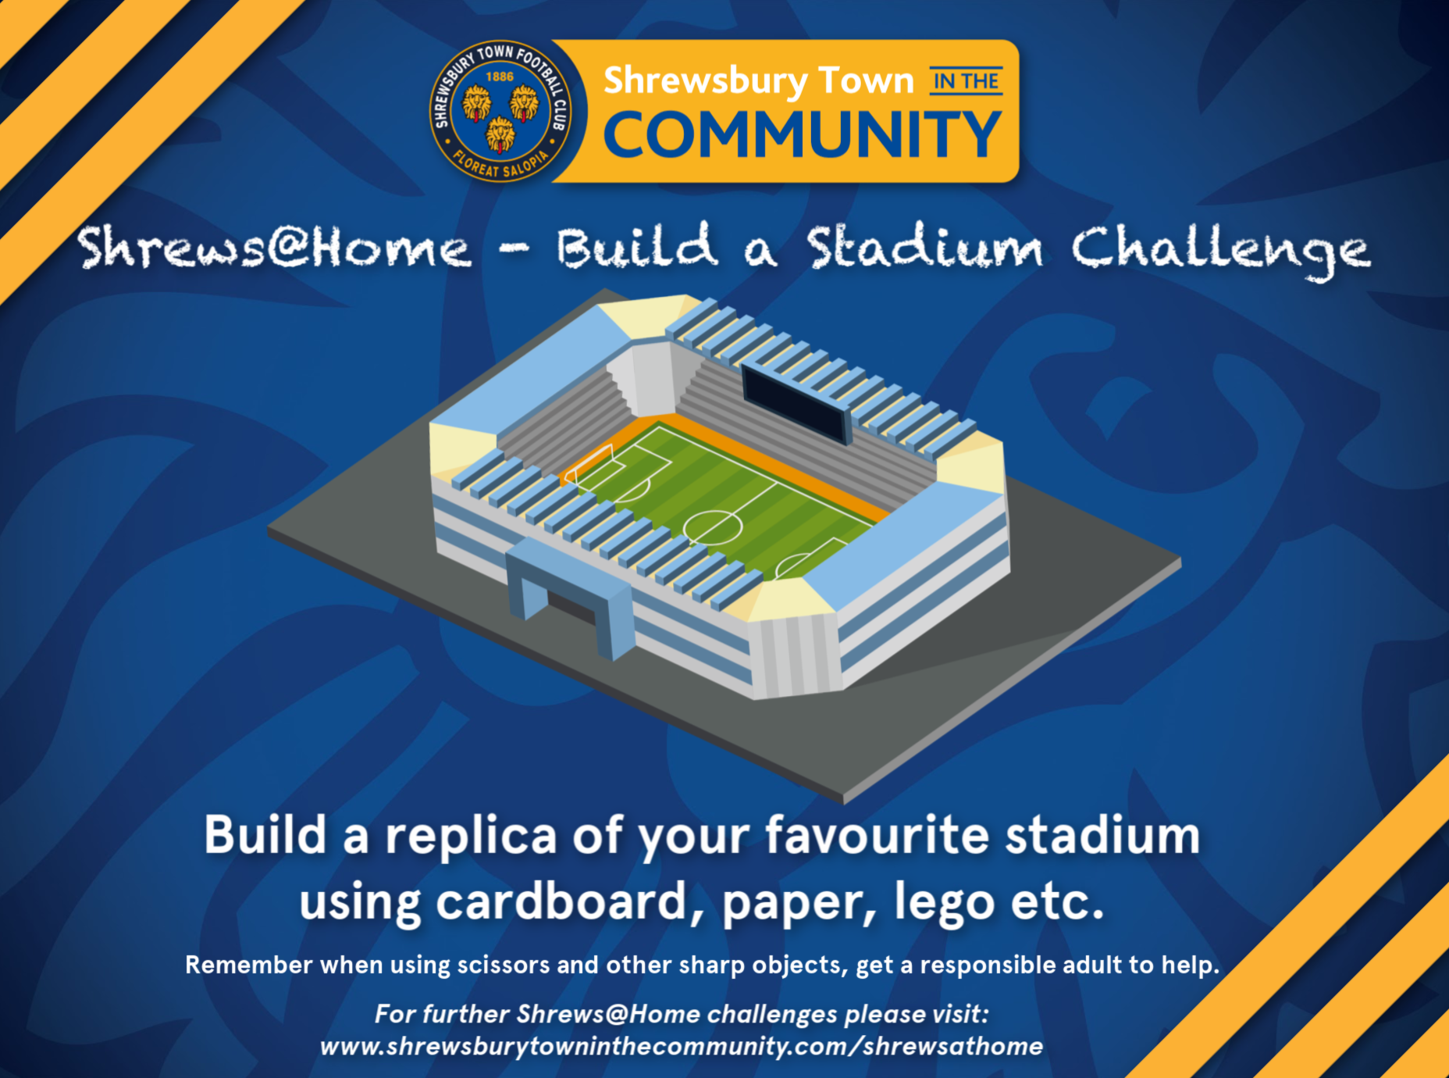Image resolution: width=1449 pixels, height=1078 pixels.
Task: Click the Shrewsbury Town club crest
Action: [x=500, y=111]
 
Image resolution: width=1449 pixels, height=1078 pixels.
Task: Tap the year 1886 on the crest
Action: [x=500, y=77]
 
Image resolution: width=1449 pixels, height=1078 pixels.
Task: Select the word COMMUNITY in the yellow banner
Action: [x=803, y=134]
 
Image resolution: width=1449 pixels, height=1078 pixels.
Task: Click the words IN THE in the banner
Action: [x=966, y=81]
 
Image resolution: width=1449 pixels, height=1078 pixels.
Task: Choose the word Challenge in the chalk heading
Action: [x=1220, y=251]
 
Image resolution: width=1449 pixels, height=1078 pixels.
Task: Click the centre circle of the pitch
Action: [x=713, y=527]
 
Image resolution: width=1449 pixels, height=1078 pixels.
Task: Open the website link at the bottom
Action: [x=682, y=1046]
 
